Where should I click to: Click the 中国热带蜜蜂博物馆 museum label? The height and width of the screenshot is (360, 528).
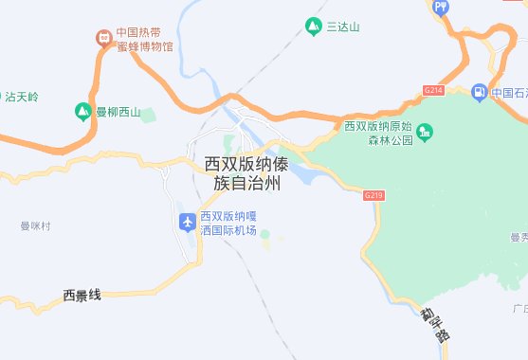point(145,38)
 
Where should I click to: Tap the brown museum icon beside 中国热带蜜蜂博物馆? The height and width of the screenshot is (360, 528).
point(103,38)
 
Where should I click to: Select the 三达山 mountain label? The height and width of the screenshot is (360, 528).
point(343,27)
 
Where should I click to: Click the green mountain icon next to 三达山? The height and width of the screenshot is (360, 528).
point(314,26)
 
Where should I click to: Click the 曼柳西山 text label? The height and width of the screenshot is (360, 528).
point(118,114)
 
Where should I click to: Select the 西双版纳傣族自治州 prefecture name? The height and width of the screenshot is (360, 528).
point(243,173)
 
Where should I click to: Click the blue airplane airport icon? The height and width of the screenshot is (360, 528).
point(186,222)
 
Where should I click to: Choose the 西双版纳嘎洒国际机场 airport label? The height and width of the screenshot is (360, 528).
point(228,223)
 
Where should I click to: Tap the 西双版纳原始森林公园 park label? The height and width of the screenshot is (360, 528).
point(379,133)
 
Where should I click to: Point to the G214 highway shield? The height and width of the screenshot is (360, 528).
point(434,90)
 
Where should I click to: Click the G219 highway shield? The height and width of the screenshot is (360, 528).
point(373,193)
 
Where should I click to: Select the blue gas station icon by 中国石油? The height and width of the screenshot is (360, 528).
point(479,92)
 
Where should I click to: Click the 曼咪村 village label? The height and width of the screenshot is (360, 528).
point(34,226)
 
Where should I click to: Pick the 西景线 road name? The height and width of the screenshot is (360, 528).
point(82,296)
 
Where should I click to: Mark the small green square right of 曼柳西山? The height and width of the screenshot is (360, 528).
point(148,115)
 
